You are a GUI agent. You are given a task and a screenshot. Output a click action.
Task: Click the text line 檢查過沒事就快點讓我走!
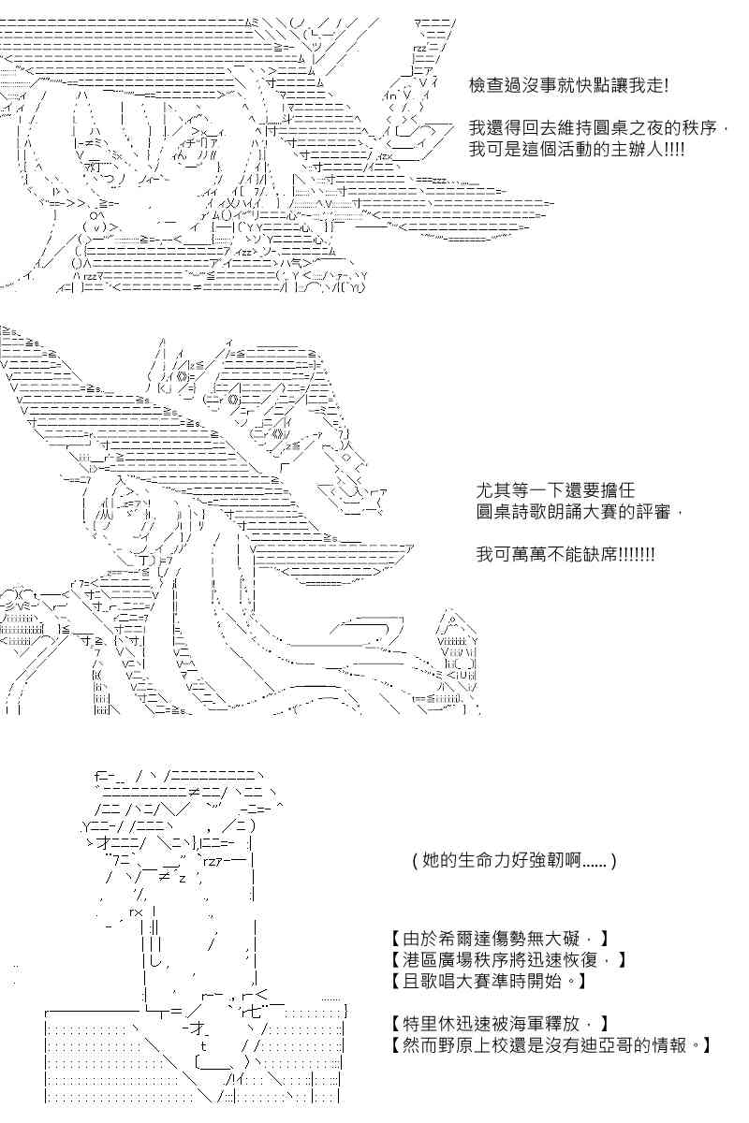point(568,86)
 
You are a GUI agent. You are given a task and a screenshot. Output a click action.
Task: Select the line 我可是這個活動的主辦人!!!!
point(577,149)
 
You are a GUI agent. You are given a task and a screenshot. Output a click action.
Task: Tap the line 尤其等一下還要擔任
point(555,489)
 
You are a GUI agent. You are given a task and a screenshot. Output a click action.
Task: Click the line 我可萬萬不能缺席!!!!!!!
point(565,554)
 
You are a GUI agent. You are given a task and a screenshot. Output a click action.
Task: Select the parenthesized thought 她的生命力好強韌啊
point(515,861)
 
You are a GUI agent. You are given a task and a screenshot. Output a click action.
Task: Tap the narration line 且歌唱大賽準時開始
point(488,981)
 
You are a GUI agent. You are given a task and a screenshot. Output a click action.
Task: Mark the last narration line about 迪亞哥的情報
point(551,1044)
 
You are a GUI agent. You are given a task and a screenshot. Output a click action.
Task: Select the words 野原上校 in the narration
point(473,1044)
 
